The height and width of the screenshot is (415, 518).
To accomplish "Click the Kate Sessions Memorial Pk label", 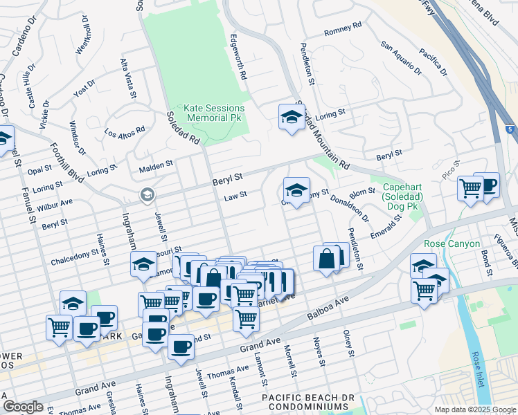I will pyautogui.click(x=214, y=113).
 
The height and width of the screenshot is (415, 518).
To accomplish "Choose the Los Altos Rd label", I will pyautogui.click(x=125, y=130).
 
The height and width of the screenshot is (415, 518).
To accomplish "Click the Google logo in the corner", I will pyautogui.click(x=23, y=407).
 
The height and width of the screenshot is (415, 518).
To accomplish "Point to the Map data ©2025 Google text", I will pyautogui.click(x=474, y=409).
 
